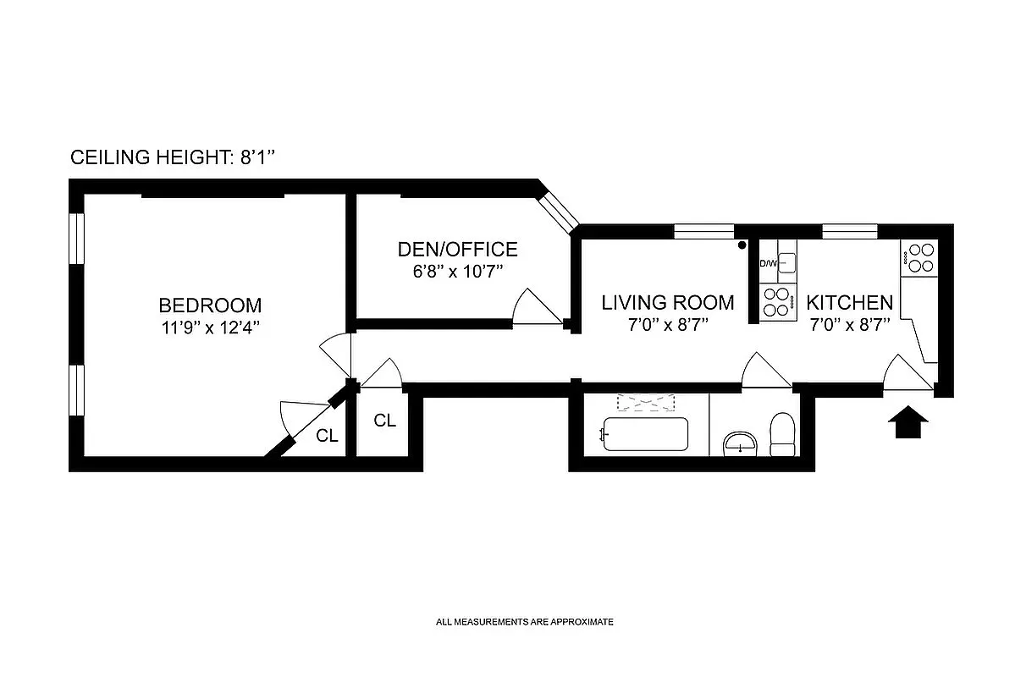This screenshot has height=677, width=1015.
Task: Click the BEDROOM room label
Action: click(210, 305)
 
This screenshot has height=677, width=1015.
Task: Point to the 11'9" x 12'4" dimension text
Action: click(210, 327)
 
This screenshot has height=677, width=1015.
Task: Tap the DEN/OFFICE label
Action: click(457, 250)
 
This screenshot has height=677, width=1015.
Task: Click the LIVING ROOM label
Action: click(668, 302)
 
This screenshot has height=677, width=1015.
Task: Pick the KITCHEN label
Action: click(849, 302)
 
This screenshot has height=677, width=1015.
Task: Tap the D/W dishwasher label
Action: click(768, 264)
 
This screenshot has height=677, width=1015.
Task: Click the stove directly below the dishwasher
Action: click(777, 300)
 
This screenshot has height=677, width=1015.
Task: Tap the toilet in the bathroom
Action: click(781, 433)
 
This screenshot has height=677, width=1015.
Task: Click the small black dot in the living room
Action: click(742, 245)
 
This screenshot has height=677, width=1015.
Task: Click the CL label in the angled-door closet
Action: click(328, 436)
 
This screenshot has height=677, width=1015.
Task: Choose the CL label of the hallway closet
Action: click(385, 420)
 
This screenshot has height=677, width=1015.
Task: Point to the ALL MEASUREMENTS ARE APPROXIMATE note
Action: click(524, 622)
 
